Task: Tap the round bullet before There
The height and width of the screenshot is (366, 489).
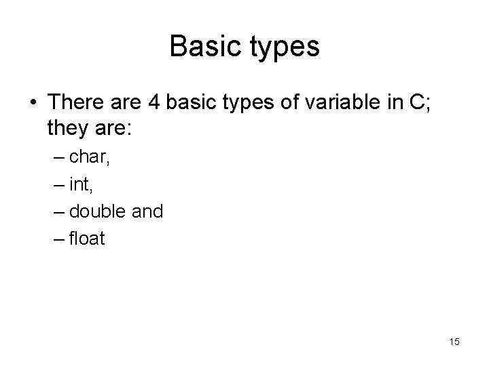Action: [33, 103]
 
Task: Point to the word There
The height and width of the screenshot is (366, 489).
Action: [75, 102]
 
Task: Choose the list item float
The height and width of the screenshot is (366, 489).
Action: [88, 239]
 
